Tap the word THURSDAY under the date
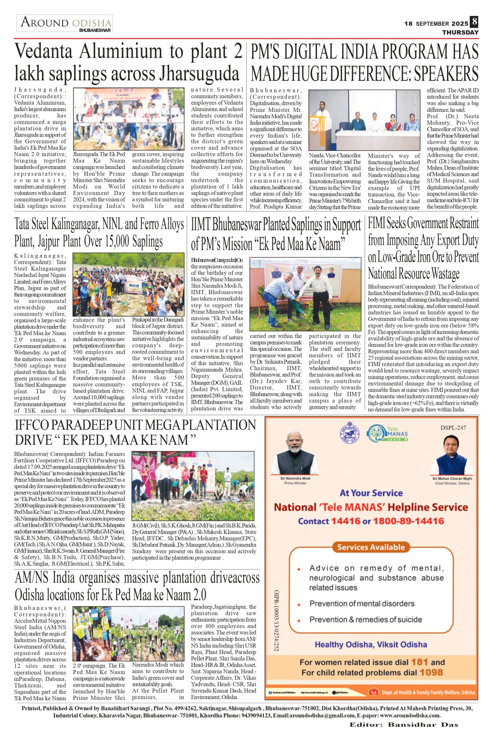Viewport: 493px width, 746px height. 460,32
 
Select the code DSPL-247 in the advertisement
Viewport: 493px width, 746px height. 453,428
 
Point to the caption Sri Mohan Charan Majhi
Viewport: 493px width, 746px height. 452,478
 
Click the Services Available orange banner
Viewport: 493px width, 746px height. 371,547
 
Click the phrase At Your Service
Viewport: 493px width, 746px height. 371,493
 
